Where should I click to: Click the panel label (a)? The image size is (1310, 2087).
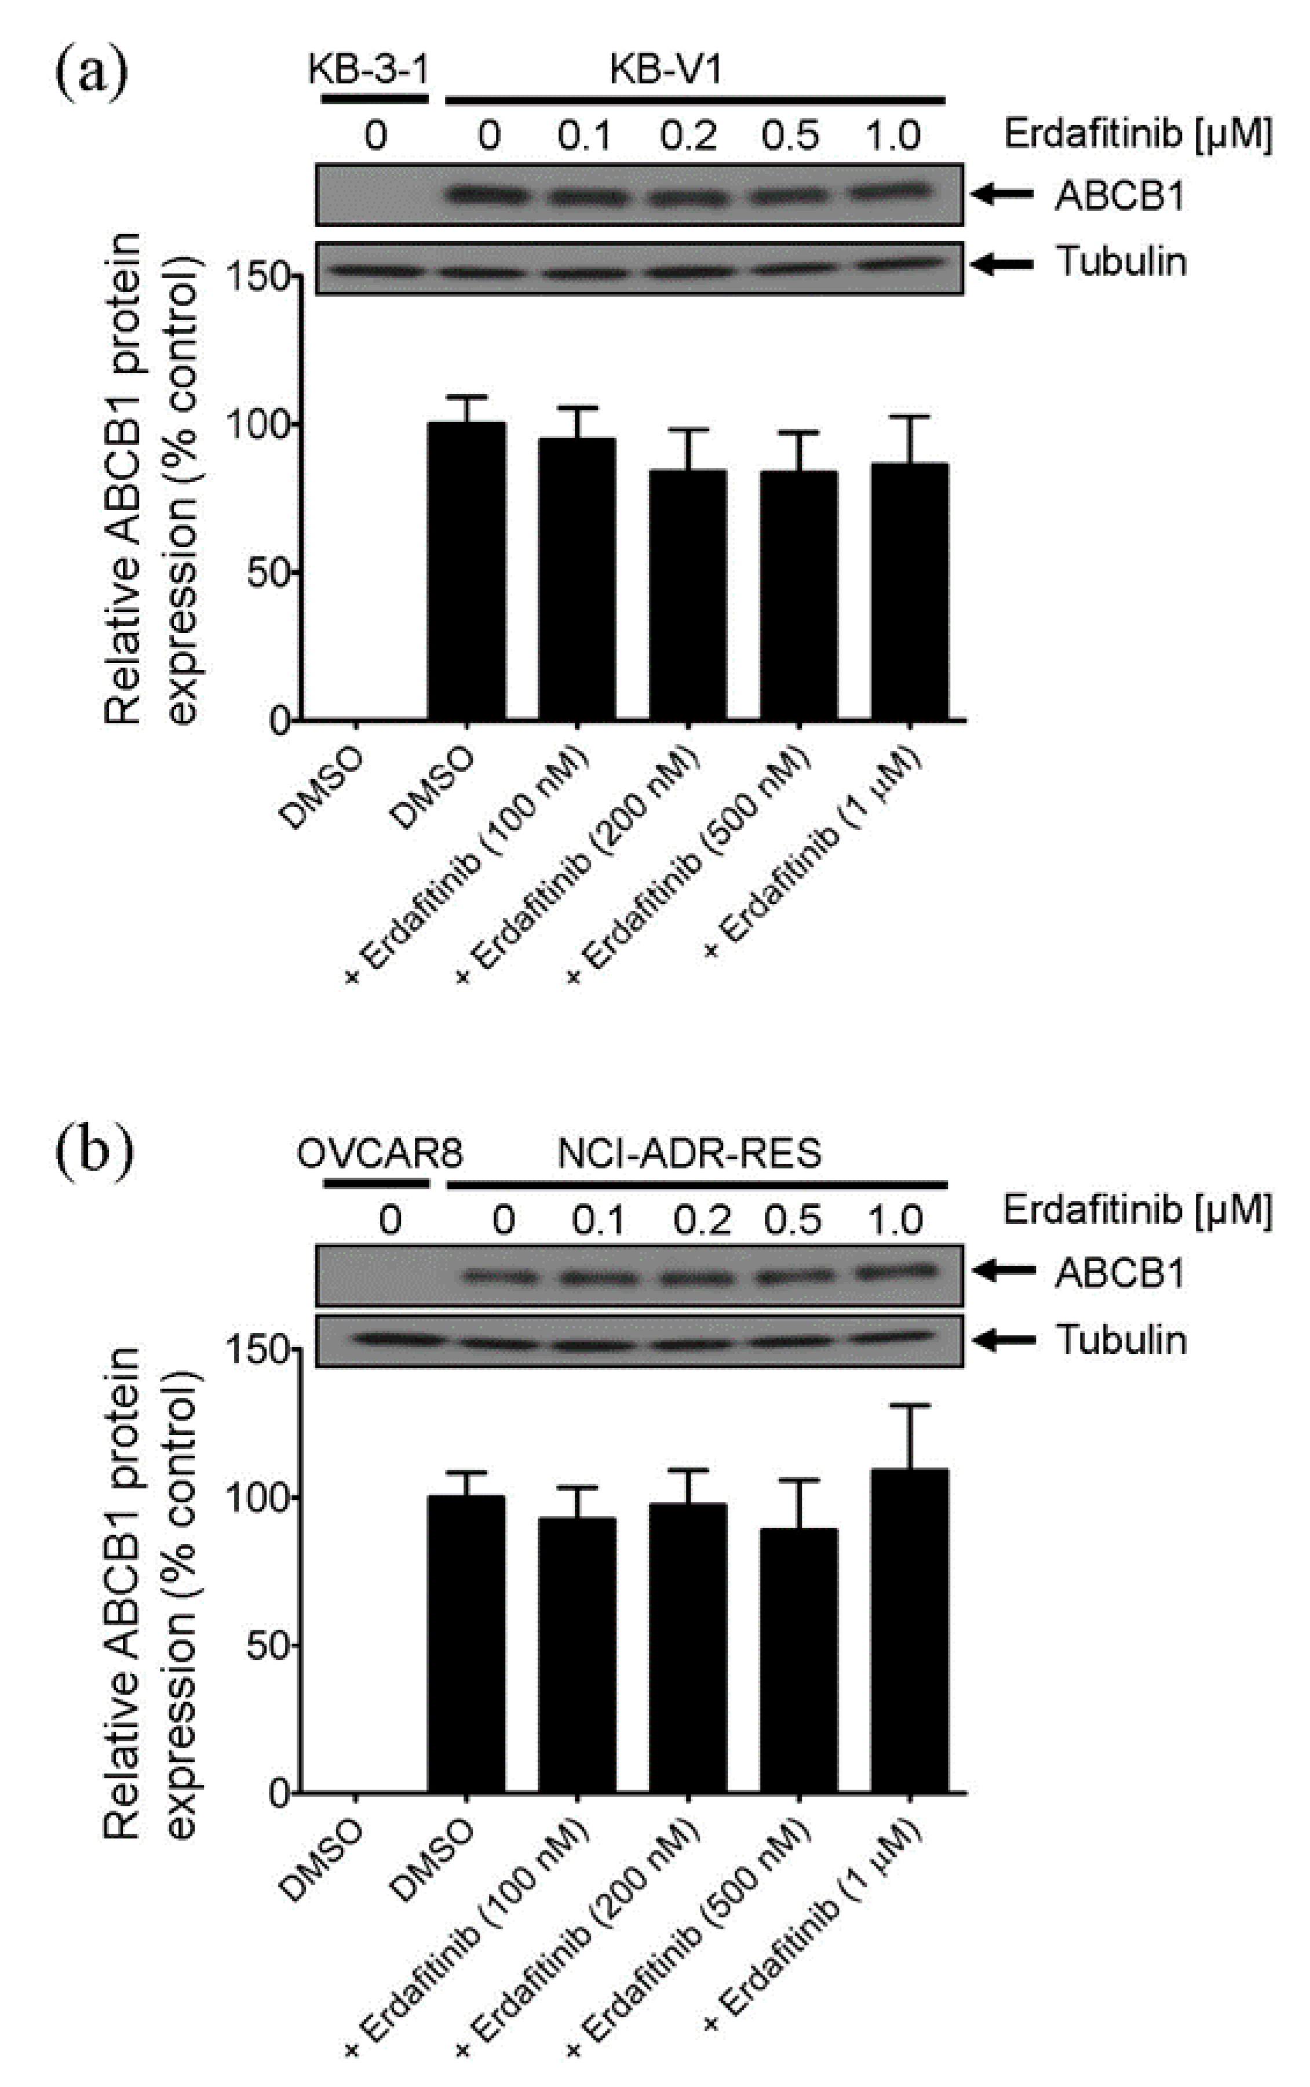tap(91, 74)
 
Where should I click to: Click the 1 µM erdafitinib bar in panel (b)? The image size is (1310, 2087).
tap(909, 1629)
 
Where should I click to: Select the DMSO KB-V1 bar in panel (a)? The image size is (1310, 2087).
tap(466, 572)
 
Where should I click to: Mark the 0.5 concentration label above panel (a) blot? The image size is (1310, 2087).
tap(791, 136)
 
